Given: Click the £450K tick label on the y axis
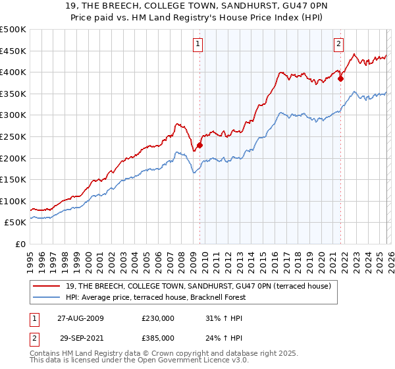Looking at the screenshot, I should tap(13, 51).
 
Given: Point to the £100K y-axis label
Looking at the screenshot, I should tap(13, 201).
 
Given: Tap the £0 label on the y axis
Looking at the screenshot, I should tap(20, 244).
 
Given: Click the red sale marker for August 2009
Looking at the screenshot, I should tap(200, 145).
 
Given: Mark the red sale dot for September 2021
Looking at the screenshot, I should tap(340, 78).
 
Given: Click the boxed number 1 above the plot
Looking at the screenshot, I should tap(198, 44).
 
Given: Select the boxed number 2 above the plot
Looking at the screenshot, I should tap(338, 44).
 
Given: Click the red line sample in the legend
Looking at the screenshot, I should tap(47, 286).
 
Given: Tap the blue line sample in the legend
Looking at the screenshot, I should tap(47, 297).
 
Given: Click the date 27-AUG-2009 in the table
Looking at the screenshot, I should tap(80, 318).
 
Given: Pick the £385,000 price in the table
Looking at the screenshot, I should tap(157, 337).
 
